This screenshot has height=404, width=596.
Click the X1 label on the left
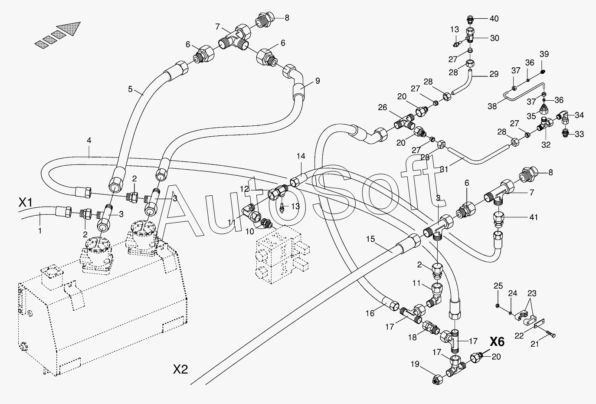tap(25, 203)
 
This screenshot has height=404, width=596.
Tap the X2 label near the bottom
tap(180, 369)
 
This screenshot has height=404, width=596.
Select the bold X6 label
tap(497, 342)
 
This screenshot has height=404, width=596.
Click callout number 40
tap(494, 19)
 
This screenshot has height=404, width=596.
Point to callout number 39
tap(544, 54)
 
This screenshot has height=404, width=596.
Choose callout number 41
tap(534, 217)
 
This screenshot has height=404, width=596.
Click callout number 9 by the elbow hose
tap(318, 81)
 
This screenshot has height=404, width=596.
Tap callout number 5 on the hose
tap(130, 89)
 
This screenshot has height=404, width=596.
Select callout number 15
tap(370, 239)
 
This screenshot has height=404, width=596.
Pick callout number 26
tap(382, 108)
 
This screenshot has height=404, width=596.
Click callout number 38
tap(492, 106)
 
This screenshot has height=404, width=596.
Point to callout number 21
tap(534, 344)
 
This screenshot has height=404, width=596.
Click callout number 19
tap(415, 364)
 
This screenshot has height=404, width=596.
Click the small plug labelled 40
tap(471, 20)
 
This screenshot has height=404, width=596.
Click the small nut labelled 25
tap(497, 305)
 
